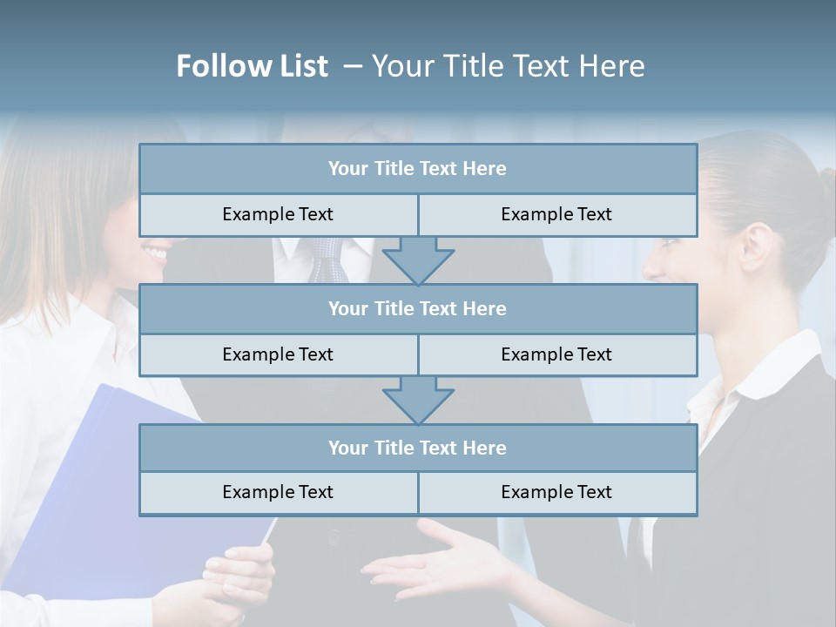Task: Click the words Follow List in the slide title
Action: (x=252, y=66)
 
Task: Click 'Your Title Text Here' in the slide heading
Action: (x=508, y=66)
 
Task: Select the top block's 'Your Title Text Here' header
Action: (x=417, y=169)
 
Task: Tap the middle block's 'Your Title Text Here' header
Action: (x=417, y=308)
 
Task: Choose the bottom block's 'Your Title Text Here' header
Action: (x=417, y=448)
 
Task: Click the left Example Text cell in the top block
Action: (x=278, y=214)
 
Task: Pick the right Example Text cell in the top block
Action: (x=556, y=214)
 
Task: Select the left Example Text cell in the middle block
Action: (x=278, y=354)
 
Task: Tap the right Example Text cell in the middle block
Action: (x=556, y=354)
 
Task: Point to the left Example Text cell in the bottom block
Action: (x=278, y=492)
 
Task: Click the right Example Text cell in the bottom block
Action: (x=556, y=492)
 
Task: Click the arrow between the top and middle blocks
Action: (x=418, y=260)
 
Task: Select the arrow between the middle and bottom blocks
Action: (x=418, y=400)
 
